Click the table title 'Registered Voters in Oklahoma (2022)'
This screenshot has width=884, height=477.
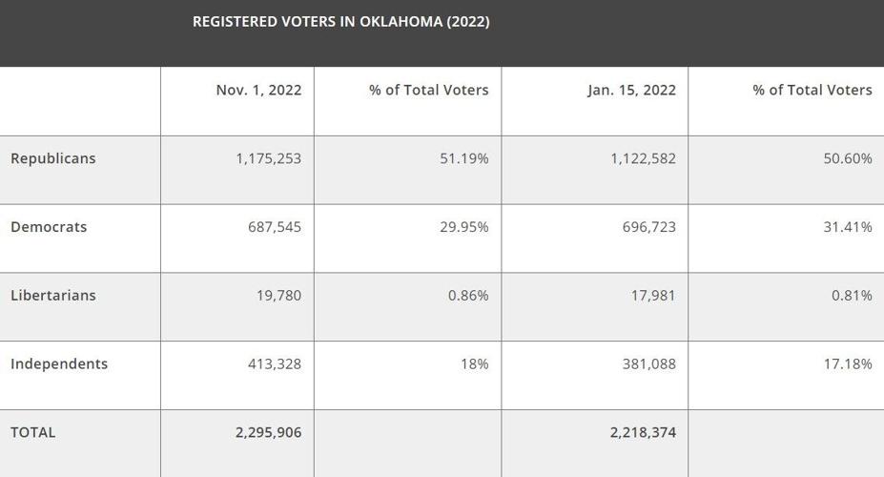(x=340, y=21)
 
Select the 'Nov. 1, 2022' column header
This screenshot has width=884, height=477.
(x=258, y=90)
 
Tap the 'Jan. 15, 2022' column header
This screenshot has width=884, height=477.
(x=631, y=90)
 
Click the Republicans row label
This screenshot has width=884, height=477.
(x=53, y=158)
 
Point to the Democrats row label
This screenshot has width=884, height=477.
(x=49, y=227)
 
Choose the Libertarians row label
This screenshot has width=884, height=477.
(x=53, y=295)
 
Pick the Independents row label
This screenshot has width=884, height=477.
(x=59, y=363)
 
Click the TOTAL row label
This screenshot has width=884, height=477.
(x=33, y=432)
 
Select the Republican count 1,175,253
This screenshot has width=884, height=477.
(x=268, y=158)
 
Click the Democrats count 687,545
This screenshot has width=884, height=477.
(x=274, y=227)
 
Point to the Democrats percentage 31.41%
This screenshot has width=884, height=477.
(x=848, y=227)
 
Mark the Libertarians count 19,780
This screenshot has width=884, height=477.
(x=278, y=295)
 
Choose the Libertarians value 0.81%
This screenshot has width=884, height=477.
(x=852, y=295)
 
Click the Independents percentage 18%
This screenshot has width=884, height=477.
(x=474, y=363)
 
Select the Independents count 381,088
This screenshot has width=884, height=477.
(x=648, y=363)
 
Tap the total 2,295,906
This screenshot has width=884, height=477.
(x=268, y=432)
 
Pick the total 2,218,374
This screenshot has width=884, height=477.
(x=643, y=432)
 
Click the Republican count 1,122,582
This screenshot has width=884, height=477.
(x=643, y=158)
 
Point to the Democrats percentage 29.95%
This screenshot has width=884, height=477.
(x=463, y=227)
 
